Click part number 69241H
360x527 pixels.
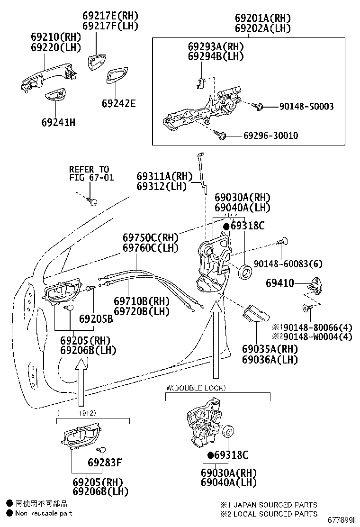pos(58,122)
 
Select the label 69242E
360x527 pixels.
pos(119,103)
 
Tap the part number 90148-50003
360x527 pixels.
pos(306,107)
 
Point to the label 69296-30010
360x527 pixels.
pos(270,136)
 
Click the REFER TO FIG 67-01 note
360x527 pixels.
pos(91,173)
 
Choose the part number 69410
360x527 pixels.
pos(280,283)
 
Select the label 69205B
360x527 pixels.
pos(96,318)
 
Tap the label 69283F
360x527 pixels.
pos(105,463)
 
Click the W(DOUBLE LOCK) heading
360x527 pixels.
pos(196,388)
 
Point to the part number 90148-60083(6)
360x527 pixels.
pos(288,264)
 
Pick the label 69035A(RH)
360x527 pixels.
pos(270,349)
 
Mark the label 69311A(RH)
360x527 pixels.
pos(164,176)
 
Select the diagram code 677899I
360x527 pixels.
pos(341,520)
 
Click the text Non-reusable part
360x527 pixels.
pos(44,513)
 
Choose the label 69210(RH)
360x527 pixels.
pos(56,36)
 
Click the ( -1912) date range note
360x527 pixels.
pos(77,413)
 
